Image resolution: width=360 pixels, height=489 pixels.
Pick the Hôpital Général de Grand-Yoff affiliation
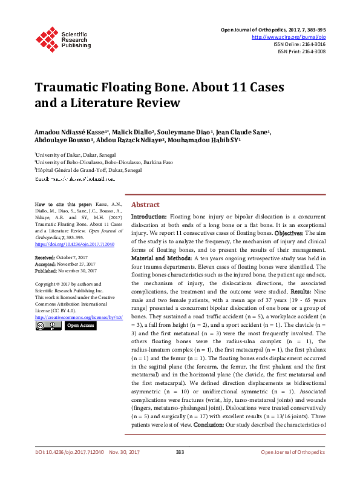click(89, 171)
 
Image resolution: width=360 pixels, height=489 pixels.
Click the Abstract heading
click(145, 205)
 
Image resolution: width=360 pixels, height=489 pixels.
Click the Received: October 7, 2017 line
click(61, 257)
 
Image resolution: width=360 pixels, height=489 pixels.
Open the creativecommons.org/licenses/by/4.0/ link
click(79, 317)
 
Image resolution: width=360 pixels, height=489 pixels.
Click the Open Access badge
click(80, 326)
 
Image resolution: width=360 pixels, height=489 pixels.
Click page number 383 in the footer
click(180, 470)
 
